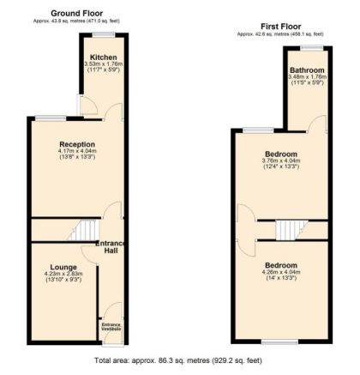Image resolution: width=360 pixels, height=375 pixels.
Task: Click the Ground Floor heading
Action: click(76, 13)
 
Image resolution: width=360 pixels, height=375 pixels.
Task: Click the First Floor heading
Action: click(281, 27)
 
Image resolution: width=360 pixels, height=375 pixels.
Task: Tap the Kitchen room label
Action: click(104, 57)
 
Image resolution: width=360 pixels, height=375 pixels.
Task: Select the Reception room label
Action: click(77, 144)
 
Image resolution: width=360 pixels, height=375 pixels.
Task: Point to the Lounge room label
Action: click(63, 267)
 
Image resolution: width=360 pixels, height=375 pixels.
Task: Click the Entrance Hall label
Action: click(111, 247)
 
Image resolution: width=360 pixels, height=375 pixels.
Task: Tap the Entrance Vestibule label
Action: click(111, 327)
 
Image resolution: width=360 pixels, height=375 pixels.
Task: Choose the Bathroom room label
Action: click(307, 70)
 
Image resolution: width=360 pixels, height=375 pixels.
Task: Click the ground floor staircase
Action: click(83, 230)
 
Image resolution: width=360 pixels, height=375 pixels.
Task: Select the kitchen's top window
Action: click(104, 34)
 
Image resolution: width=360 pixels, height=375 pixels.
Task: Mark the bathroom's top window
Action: click(311, 48)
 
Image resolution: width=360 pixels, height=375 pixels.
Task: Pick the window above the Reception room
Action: click(51, 118)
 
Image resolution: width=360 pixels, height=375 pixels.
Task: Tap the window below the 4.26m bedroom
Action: click(279, 342)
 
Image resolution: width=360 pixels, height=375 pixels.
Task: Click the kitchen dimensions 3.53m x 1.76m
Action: click(104, 64)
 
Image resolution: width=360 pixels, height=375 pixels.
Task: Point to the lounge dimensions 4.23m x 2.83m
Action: click(63, 274)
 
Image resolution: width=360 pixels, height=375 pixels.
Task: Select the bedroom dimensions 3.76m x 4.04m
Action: click(281, 160)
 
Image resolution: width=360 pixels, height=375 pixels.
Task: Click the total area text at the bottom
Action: click(178, 360)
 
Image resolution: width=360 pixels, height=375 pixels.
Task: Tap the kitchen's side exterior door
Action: click(78, 105)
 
